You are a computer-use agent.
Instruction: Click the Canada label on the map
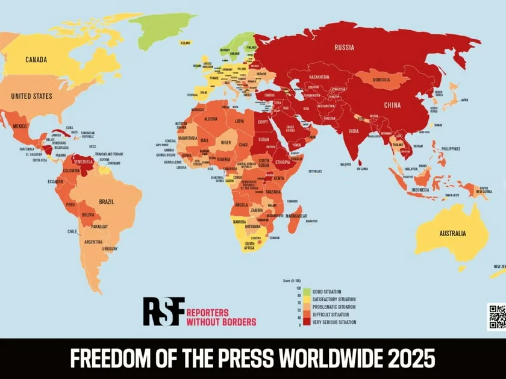click(36, 60)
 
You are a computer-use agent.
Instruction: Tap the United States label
click(31, 96)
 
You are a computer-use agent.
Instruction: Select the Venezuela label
click(84, 162)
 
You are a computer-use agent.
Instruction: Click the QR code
click(497, 317)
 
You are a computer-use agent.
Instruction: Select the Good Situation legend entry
click(329, 292)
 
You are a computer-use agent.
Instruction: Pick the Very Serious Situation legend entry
click(334, 322)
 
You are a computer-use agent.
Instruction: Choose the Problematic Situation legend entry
click(334, 307)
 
